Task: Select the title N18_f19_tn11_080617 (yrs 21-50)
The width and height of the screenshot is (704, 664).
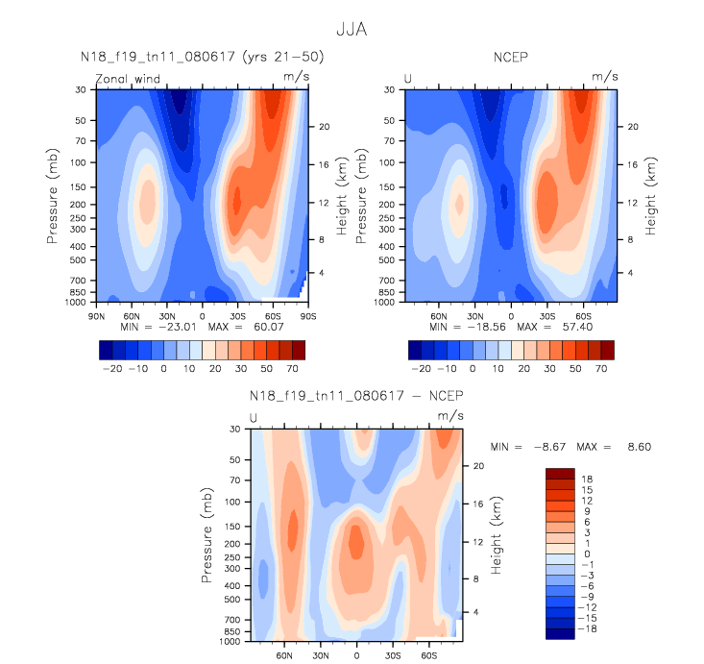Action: click(202, 58)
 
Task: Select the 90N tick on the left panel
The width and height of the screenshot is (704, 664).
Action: click(96, 314)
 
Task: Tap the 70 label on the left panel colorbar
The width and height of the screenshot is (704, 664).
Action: click(298, 368)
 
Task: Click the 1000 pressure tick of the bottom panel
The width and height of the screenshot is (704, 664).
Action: click(231, 641)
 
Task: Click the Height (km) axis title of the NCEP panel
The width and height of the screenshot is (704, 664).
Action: click(650, 195)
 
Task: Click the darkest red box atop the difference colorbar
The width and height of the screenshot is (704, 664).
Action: click(559, 473)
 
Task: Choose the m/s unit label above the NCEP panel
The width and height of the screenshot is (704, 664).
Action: click(603, 75)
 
